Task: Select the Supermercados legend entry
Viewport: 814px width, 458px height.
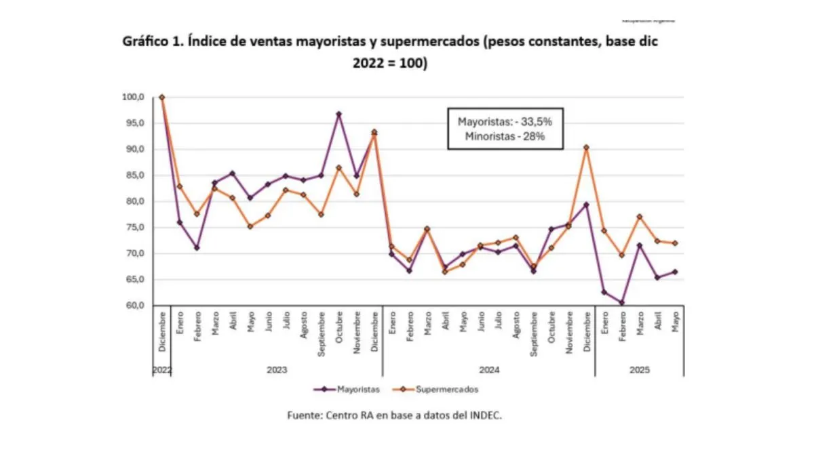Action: pos(448,390)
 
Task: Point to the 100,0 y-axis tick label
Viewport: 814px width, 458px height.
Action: pos(134,98)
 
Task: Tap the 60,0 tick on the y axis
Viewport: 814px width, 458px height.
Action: pos(135,306)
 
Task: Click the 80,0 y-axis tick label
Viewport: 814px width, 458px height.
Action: pos(135,202)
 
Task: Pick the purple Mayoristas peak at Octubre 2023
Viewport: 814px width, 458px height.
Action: pos(339,114)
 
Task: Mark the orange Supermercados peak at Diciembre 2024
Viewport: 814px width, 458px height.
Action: pos(587,147)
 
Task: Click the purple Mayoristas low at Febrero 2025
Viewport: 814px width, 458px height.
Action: pos(622,302)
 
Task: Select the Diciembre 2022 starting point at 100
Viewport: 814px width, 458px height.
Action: pos(162,98)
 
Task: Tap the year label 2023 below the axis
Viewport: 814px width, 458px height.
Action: pos(277,370)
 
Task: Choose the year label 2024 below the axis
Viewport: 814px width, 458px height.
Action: pos(489,370)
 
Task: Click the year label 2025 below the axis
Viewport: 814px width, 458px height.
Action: pos(640,370)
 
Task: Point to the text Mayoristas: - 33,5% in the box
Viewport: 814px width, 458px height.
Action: pos(501,122)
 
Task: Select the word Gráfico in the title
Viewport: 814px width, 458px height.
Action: pos(144,42)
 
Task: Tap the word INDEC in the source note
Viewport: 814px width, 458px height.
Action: pos(484,416)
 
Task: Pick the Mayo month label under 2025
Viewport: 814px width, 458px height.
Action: pos(675,322)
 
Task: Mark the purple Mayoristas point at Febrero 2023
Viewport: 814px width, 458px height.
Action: pos(197,247)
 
